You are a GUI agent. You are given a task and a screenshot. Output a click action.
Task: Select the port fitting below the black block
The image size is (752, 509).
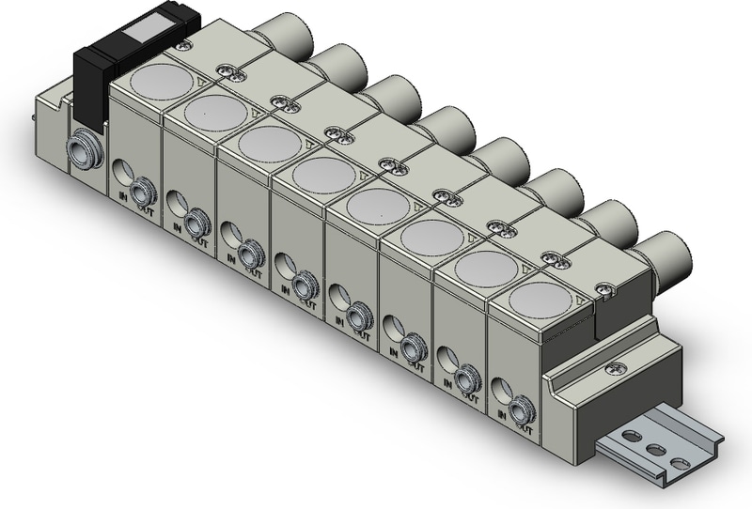(x=80, y=150)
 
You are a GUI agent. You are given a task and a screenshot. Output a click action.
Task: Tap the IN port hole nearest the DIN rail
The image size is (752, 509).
(x=497, y=386)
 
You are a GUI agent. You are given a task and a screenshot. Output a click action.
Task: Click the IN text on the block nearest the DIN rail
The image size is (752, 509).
(x=500, y=413)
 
